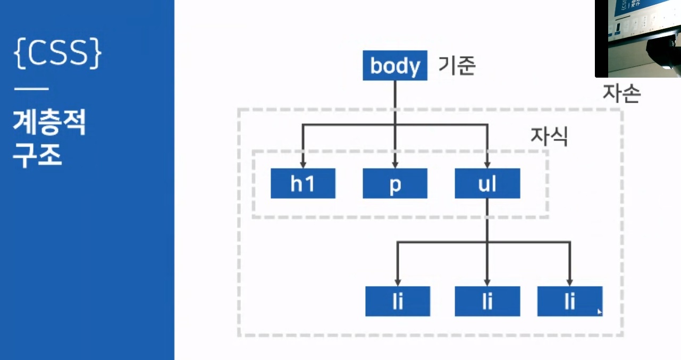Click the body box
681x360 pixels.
pyautogui.click(x=394, y=66)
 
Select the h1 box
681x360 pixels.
pyautogui.click(x=303, y=184)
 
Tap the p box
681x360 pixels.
pyautogui.click(x=394, y=184)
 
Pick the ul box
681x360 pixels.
pyautogui.click(x=487, y=184)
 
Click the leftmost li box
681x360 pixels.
pyautogui.click(x=398, y=302)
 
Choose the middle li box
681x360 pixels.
pyautogui.click(x=487, y=302)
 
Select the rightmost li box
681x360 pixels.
pyautogui.click(x=570, y=302)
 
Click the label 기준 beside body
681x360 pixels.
pyautogui.click(x=456, y=66)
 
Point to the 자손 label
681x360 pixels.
pyautogui.click(x=621, y=94)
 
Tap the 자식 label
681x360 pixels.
pyautogui.click(x=549, y=137)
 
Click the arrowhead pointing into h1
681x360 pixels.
pyautogui.click(x=303, y=164)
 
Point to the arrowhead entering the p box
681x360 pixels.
pyautogui.click(x=394, y=164)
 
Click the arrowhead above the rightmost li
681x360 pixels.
pyautogui.click(x=570, y=281)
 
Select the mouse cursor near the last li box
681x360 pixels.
pyautogui.click(x=600, y=312)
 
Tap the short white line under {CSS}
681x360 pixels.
pyautogui.click(x=31, y=89)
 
